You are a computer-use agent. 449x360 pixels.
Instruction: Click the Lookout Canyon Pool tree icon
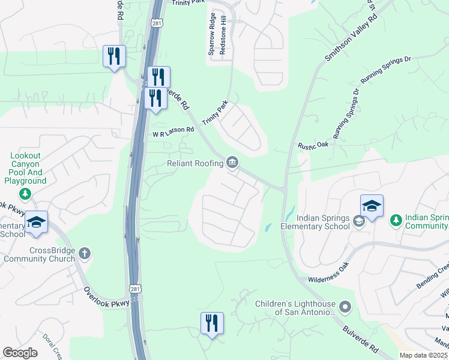25,193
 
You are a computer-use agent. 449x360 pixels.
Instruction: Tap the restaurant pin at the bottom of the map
212,324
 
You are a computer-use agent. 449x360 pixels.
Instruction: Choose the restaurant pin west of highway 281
114,57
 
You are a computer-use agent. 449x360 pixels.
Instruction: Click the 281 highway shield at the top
157,23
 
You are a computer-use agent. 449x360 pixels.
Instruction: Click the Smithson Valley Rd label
351,37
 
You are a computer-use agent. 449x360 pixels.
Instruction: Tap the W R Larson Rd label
173,131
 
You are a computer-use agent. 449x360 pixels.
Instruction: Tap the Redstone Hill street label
222,41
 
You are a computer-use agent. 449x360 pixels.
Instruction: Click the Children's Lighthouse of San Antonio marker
345,308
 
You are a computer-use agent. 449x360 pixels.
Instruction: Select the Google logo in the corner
20,353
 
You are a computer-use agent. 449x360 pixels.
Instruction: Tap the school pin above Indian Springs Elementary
372,207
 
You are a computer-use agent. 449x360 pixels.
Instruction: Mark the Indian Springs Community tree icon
396,221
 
